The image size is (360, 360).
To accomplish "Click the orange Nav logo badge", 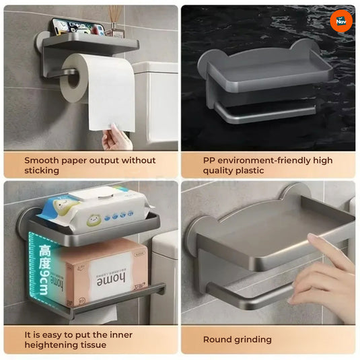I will tap(341, 21).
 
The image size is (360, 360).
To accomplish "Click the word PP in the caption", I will tap(210, 160).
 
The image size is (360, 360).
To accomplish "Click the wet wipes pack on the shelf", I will tap(94, 206).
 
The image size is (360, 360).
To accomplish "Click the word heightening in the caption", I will tap(55, 345).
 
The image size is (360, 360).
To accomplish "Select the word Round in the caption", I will tap(217, 340).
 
